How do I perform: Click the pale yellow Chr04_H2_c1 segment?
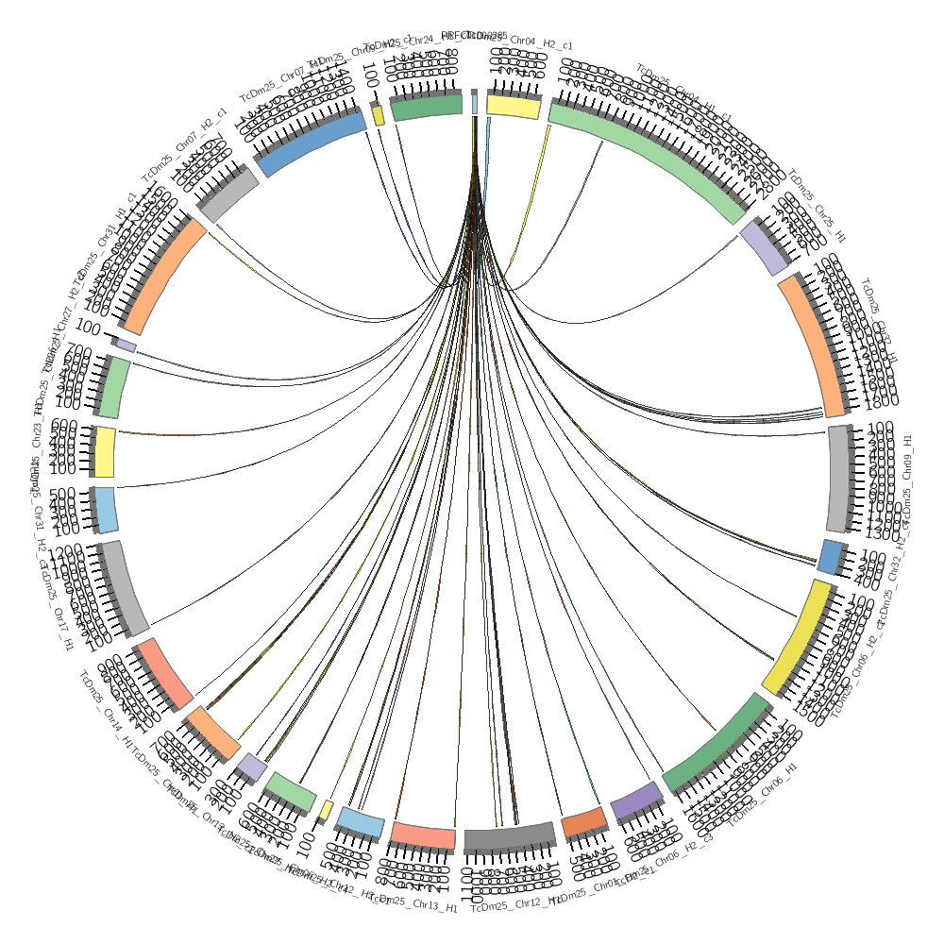[x=514, y=108]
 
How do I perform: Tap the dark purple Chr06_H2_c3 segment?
[x=636, y=801]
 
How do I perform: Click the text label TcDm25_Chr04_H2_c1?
[x=535, y=42]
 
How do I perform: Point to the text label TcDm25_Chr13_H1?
[x=415, y=904]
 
